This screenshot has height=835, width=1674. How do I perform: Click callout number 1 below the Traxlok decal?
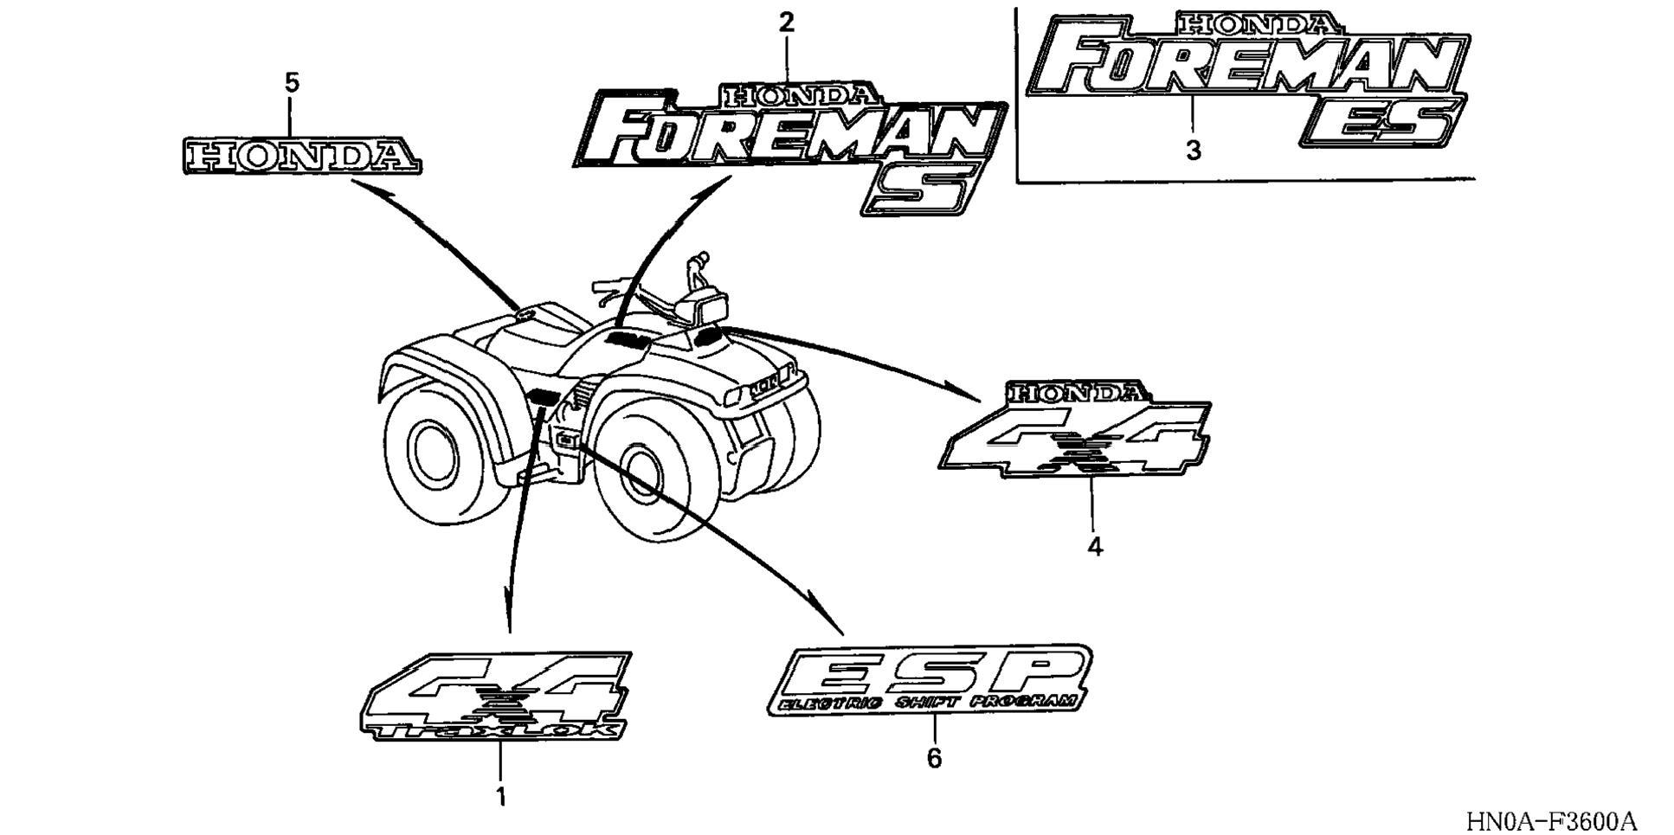click(500, 796)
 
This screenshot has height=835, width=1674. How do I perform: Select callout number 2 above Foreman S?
click(786, 22)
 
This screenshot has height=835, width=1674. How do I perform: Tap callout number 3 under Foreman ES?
click(1193, 151)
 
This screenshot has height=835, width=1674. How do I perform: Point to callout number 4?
click(1095, 547)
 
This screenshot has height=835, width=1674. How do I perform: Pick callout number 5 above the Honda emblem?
click(292, 83)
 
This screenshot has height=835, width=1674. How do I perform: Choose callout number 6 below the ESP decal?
click(934, 758)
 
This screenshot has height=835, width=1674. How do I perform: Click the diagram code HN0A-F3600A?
click(1550, 819)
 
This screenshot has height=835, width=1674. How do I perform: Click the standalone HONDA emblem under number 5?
click(301, 156)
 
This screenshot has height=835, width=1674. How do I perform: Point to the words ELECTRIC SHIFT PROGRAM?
click(926, 703)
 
